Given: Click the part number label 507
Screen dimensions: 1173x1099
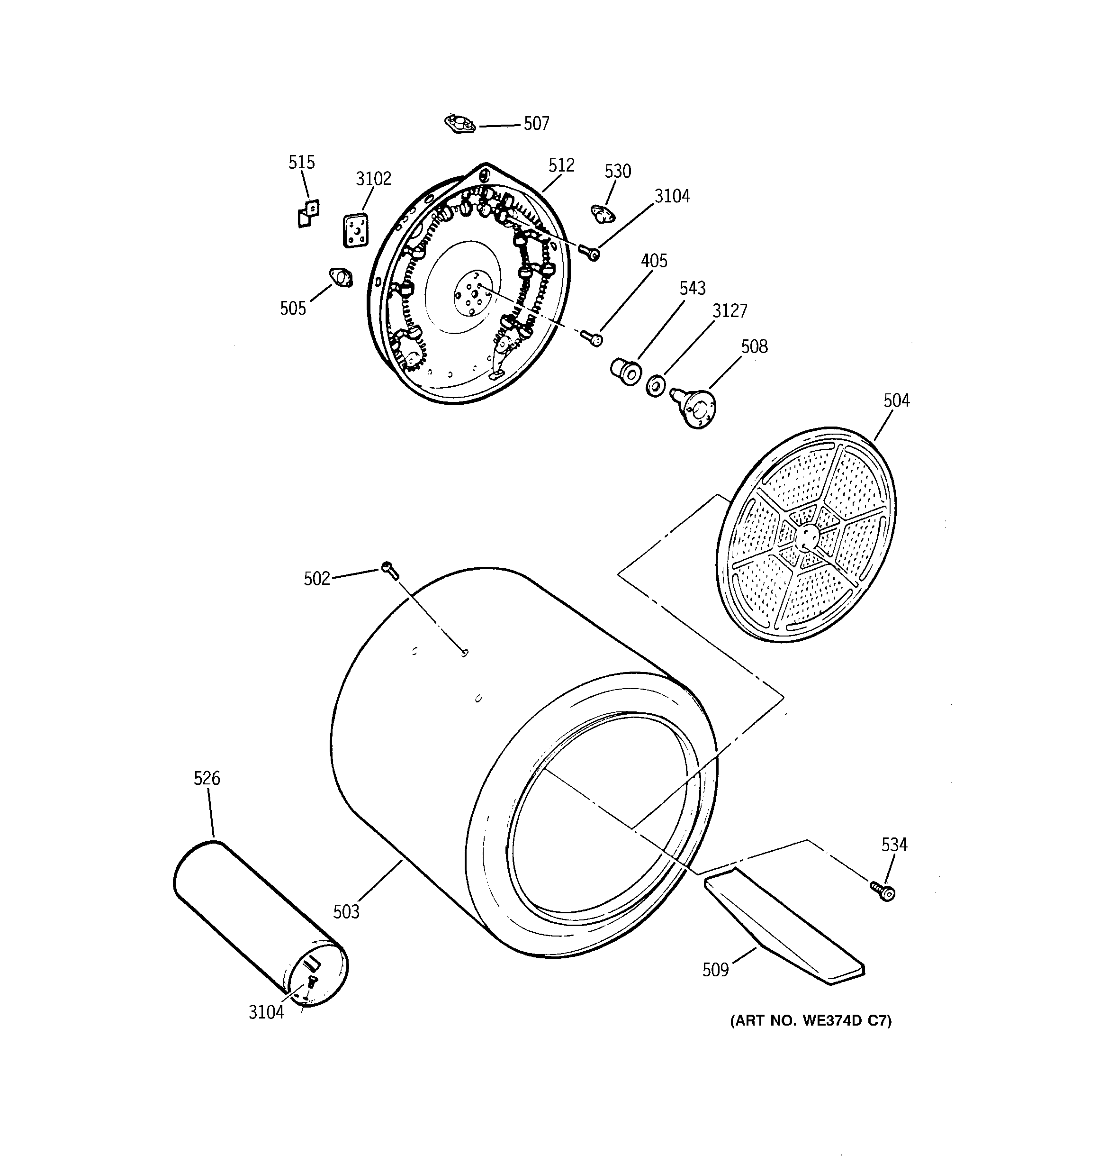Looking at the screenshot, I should [536, 123].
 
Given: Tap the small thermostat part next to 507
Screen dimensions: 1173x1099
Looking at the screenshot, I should [459, 124].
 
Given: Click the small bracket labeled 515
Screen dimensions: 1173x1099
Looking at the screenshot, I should [308, 214].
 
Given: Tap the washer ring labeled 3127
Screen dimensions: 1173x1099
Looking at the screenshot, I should [656, 385].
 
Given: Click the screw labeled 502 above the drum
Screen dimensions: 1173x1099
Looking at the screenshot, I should [390, 570].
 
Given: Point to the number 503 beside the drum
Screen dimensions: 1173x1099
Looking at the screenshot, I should [346, 911].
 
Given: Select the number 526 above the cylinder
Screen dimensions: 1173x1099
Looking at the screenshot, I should [207, 778].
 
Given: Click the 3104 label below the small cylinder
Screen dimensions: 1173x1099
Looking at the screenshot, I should [266, 1012].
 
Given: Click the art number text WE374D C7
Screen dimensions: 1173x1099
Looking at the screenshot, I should [811, 1021].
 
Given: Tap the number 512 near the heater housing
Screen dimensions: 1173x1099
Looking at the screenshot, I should [561, 165].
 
